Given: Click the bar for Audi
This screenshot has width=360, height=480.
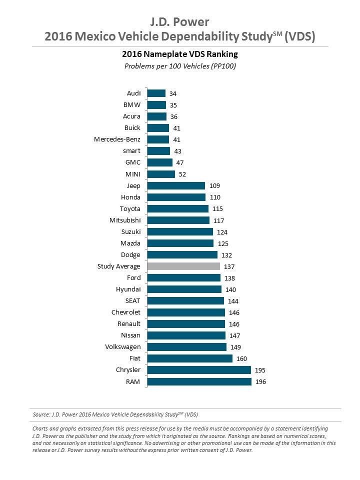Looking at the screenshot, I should pos(156,93).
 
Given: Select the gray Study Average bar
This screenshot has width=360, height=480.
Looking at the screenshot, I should pos(183,266).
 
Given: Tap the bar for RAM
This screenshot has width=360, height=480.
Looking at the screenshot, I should pos(199,381).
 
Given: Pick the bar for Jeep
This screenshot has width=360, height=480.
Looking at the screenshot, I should pos(176,185).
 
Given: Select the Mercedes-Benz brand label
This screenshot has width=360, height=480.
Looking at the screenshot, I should pos(117,139).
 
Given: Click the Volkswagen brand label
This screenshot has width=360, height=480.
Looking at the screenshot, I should pos(122,346).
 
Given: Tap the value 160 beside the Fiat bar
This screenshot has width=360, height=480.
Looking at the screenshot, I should pos(242,358).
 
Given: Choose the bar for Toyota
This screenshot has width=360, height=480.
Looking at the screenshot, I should pos(178,208).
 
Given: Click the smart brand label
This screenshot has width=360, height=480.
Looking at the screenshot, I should pos(131,151).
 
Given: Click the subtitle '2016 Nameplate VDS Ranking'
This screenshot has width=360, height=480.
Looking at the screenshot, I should pos(179,53).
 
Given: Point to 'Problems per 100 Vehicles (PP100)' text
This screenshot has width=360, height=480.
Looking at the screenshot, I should pos(179,66).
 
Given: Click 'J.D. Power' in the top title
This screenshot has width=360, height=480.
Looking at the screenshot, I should pos(179,21).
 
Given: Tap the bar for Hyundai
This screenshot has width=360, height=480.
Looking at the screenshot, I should pos(184,289).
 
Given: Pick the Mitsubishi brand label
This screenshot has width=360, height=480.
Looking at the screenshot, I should pos(125,220).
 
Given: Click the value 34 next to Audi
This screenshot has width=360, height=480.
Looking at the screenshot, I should pos(173,93).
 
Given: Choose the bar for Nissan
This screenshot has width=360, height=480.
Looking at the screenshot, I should pos(186,335).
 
